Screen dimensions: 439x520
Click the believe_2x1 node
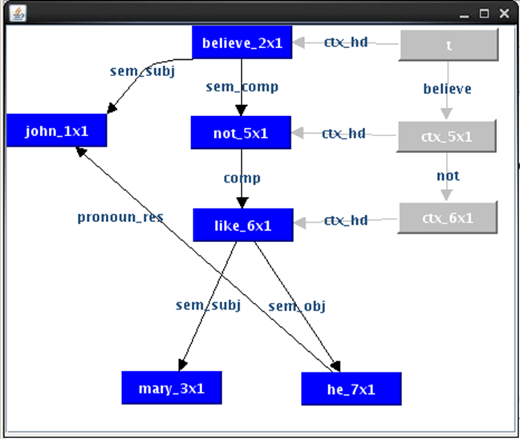click(242, 42)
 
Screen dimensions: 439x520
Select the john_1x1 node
click(56, 131)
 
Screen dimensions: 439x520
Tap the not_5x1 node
click(241, 133)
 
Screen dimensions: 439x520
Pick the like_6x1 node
click(243, 225)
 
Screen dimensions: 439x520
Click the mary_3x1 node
click(172, 389)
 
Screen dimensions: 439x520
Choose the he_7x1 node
click(351, 389)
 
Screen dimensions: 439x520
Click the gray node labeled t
click(449, 45)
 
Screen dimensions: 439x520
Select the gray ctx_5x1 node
click(447, 136)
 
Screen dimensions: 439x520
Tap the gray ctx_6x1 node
click(448, 217)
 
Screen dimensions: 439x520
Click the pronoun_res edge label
click(120, 217)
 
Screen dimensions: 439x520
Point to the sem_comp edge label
click(242, 87)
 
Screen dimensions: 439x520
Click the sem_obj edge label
click(297, 305)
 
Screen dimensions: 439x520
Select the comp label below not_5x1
click(242, 178)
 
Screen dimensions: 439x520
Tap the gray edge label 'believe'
click(447, 89)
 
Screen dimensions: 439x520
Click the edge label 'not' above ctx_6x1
click(447, 175)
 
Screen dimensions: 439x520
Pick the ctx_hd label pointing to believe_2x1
click(345, 42)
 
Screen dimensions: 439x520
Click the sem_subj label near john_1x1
click(142, 70)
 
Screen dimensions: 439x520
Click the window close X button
click(503, 14)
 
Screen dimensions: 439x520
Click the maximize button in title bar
click(484, 14)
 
